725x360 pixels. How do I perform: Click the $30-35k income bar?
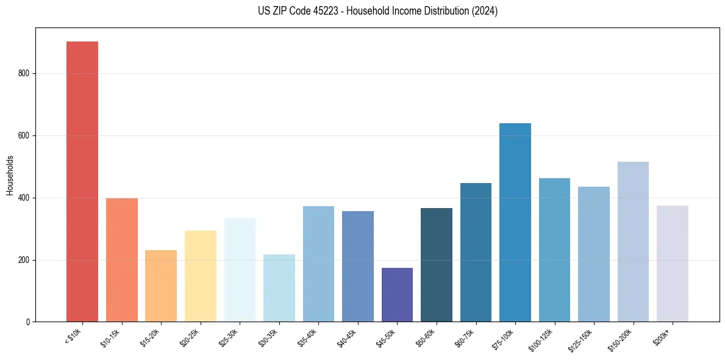pos(279,288)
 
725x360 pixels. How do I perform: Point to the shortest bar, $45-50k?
pos(397,295)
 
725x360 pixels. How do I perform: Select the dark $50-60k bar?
pos(436,265)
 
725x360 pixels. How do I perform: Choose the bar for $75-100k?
pos(515,222)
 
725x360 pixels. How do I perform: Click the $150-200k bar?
pos(633,242)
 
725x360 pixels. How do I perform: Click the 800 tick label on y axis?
pos(24,73)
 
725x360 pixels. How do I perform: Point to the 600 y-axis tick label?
pos(24,135)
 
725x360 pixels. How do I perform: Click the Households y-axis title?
pos(10,175)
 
